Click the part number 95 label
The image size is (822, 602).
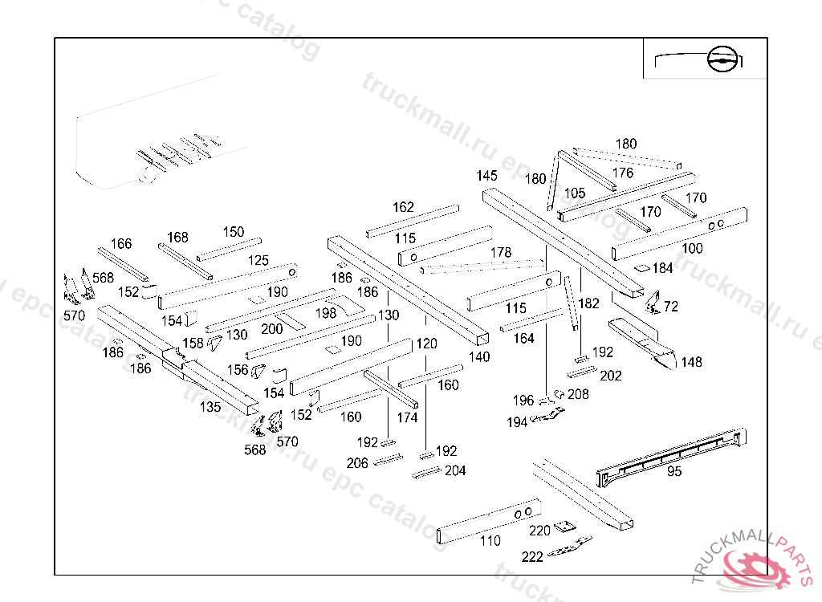point(674,471)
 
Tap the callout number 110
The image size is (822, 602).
point(490,541)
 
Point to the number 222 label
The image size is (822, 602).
point(532,556)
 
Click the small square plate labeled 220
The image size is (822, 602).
point(567,526)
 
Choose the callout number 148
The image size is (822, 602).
point(691,362)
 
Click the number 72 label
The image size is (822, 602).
point(671,307)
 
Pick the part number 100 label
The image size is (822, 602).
point(692,248)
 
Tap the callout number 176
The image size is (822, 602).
point(623,173)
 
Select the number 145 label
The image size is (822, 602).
point(486,176)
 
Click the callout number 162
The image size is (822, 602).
point(403,207)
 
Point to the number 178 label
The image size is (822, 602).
point(501,253)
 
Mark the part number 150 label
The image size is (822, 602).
point(234,232)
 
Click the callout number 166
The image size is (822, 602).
point(121,244)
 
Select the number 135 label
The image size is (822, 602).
point(210,407)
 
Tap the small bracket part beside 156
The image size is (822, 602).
point(259,371)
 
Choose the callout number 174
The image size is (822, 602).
point(407,417)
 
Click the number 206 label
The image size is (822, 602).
point(357,463)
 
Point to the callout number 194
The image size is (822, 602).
point(517,422)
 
